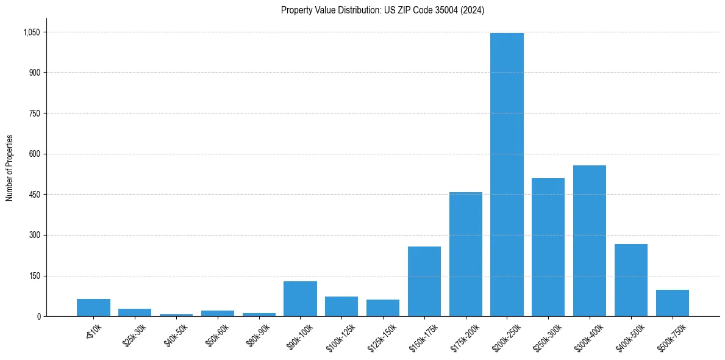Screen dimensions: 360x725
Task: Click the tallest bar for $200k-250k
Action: pyautogui.click(x=507, y=175)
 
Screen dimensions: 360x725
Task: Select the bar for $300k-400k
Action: pyautogui.click(x=589, y=241)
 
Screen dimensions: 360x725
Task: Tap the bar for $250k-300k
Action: pyautogui.click(x=548, y=247)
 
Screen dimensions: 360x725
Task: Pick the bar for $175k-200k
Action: pyautogui.click(x=465, y=254)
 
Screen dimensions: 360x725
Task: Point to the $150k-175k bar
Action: pyautogui.click(x=424, y=281)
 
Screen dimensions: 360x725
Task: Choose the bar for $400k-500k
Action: pyautogui.click(x=630, y=280)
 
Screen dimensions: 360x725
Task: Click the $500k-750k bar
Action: pyautogui.click(x=672, y=303)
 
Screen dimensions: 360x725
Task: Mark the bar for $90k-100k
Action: pyautogui.click(x=300, y=299)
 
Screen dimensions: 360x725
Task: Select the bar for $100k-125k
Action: pyautogui.click(x=341, y=306)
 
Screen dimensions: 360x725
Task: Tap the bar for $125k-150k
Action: pyautogui.click(x=382, y=308)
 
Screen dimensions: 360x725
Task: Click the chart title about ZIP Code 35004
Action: pyautogui.click(x=382, y=10)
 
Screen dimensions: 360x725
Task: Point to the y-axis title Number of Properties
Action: pyautogui.click(x=10, y=168)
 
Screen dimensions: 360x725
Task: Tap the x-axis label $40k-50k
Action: pyautogui.click(x=176, y=336)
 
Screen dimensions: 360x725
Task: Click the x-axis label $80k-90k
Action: pyautogui.click(x=259, y=336)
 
